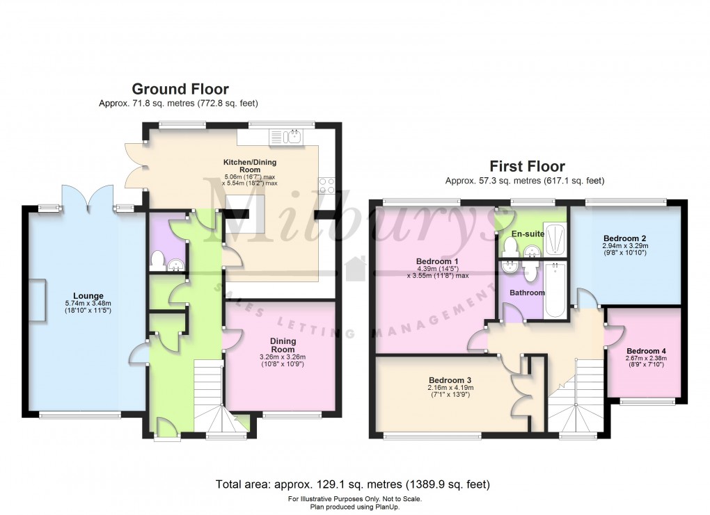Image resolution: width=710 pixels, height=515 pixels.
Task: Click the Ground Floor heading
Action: (x=180, y=89)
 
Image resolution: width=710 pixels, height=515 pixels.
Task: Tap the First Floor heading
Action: (x=527, y=166)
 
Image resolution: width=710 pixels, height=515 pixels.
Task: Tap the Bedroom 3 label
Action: (x=445, y=380)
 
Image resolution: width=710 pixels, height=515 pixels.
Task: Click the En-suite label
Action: (x=528, y=234)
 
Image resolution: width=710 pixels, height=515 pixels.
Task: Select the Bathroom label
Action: (x=527, y=293)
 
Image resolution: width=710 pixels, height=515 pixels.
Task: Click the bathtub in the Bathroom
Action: (x=555, y=290)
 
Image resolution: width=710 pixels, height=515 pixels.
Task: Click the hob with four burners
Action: (x=326, y=186)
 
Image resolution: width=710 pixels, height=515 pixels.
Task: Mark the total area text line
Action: (x=354, y=484)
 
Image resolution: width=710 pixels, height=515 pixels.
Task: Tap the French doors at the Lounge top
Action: (x=88, y=197)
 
